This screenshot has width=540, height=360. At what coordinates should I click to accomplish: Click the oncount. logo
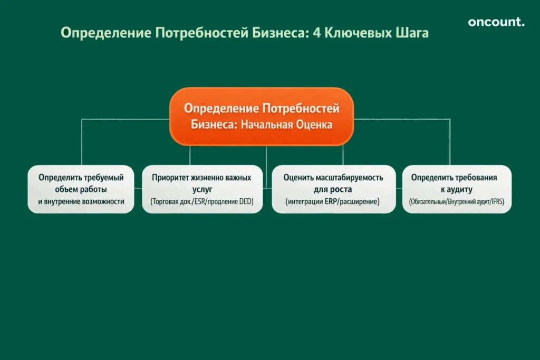point(496,22)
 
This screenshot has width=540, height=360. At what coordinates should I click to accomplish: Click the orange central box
point(261,116)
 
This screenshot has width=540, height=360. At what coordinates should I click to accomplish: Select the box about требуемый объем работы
point(81,189)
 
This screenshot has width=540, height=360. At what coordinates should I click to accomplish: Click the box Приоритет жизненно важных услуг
point(202,189)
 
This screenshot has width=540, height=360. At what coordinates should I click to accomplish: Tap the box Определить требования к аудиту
point(457,189)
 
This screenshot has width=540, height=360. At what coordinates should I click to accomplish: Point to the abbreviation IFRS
point(495,201)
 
